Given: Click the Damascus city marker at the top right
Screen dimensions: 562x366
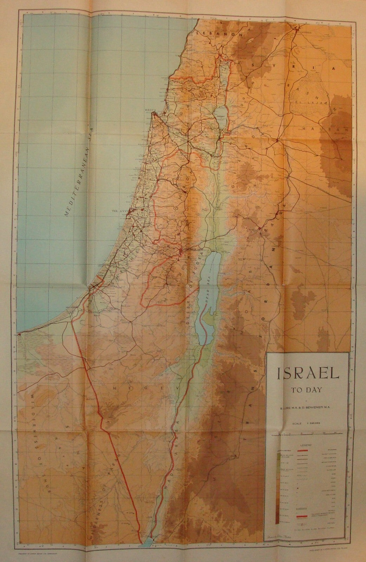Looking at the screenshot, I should coord(297,30).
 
